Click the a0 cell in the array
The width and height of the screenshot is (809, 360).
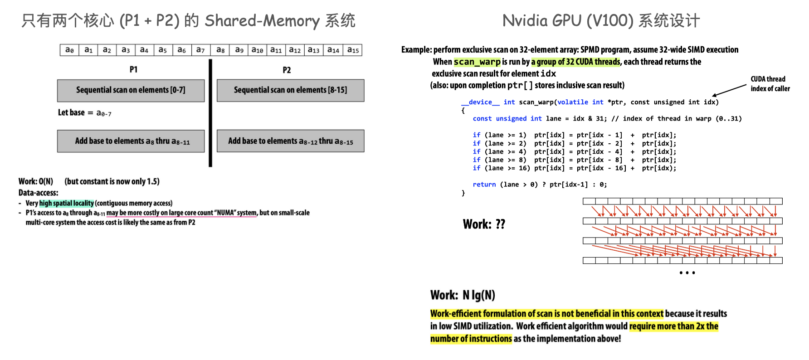tap(69, 50)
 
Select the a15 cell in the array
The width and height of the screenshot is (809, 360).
tap(353, 50)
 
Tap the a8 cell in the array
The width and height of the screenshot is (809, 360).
tap(220, 50)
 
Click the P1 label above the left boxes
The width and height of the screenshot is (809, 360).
tap(133, 69)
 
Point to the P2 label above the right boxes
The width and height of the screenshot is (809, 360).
tap(287, 70)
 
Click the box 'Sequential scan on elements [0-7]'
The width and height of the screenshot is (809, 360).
tap(131, 90)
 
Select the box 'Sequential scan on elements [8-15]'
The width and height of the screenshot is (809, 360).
tap(290, 90)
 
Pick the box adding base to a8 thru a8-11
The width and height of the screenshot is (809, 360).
tap(131, 141)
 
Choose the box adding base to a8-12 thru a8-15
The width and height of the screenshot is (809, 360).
tap(290, 141)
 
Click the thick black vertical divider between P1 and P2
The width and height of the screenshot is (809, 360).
tap(210, 113)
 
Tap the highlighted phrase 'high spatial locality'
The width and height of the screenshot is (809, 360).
tap(67, 203)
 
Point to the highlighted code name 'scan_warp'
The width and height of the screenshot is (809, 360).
tap(477, 62)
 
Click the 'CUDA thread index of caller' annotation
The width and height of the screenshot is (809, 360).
tap(770, 84)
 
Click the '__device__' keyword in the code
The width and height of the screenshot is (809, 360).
tap(480, 102)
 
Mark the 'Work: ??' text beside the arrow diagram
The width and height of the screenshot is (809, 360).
tap(484, 224)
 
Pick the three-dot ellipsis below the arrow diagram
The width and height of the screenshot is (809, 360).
tap(687, 272)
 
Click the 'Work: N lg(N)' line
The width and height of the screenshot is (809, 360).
tap(463, 296)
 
